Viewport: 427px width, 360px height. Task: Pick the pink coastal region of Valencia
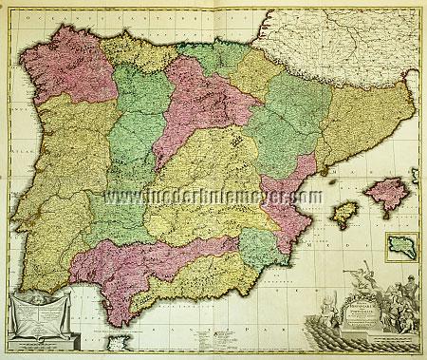tap(285, 190)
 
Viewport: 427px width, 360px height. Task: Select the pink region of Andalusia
tap(142, 261)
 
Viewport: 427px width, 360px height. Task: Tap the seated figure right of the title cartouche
tap(399, 318)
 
